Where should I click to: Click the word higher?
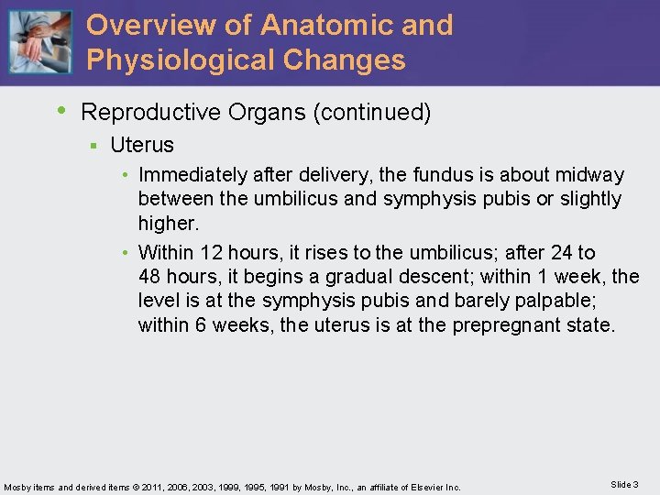click(x=167, y=223)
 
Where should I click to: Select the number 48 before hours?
click(x=149, y=277)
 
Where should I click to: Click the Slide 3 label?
click(x=624, y=484)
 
